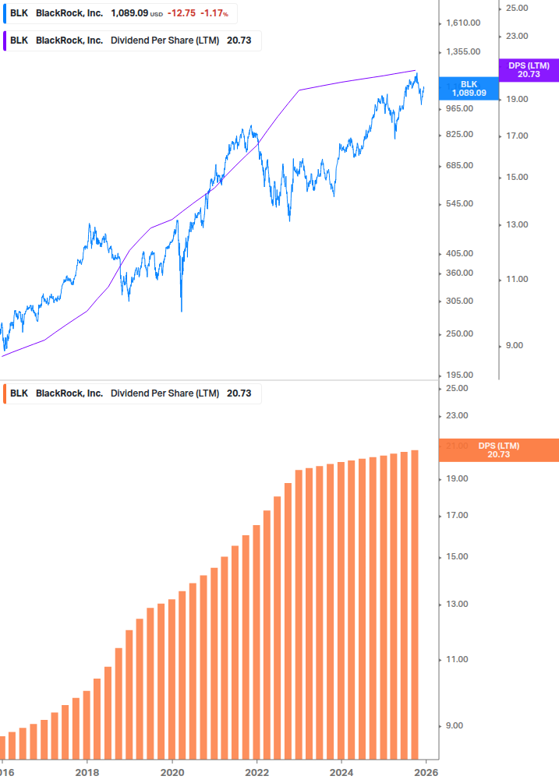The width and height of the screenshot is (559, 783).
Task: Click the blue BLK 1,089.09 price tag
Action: pyautogui.click(x=469, y=88)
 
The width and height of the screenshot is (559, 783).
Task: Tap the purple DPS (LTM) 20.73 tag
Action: pyautogui.click(x=528, y=70)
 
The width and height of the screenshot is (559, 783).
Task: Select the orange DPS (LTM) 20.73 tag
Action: pyautogui.click(x=498, y=450)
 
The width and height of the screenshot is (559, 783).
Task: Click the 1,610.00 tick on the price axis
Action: pyautogui.click(x=463, y=23)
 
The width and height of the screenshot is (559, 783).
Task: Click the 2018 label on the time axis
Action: pyautogui.click(x=87, y=773)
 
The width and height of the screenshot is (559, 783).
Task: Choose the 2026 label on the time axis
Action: pyautogui.click(x=424, y=773)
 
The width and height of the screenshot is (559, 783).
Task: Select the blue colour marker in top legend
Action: pyautogui.click(x=5, y=13)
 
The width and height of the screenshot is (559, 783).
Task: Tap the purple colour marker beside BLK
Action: pyautogui.click(x=5, y=41)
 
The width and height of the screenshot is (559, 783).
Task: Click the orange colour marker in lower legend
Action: pyautogui.click(x=5, y=393)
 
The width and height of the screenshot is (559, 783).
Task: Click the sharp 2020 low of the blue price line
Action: pyautogui.click(x=181, y=311)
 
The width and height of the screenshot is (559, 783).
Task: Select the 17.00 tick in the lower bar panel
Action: pyautogui.click(x=458, y=516)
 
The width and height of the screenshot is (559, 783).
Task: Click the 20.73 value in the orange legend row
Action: pyautogui.click(x=239, y=393)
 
